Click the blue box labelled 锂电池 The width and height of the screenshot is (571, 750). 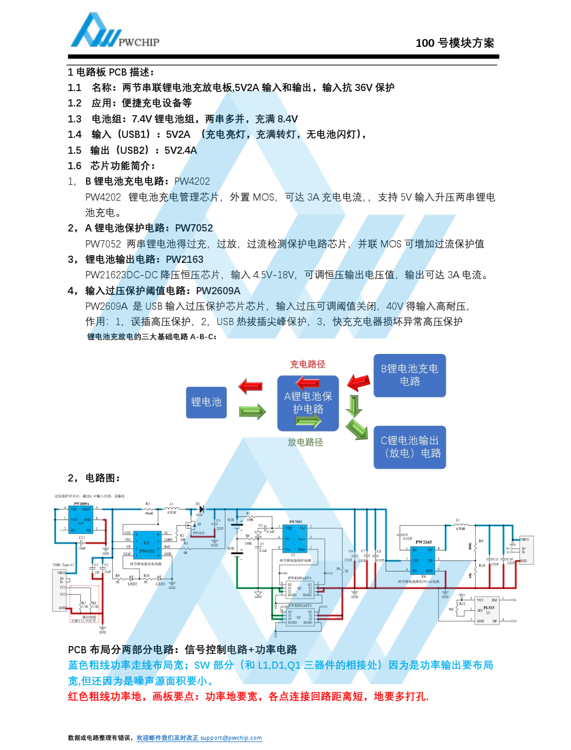(206, 402)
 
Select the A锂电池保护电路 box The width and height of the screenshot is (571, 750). (308, 403)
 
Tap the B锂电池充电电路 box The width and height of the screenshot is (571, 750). (409, 375)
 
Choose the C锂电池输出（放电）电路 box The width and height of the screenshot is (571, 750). (410, 447)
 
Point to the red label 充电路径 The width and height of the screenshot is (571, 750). (307, 364)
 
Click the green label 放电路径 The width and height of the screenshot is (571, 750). (305, 442)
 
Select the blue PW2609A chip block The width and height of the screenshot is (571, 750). (81, 519)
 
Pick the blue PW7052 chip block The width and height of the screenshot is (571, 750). (295, 538)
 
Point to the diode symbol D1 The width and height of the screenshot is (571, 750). (200, 509)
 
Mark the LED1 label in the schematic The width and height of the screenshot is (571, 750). (160, 584)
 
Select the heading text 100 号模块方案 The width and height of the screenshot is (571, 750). (455, 43)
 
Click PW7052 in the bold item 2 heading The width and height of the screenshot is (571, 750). (194, 228)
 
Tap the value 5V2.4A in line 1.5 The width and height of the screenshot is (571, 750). (180, 150)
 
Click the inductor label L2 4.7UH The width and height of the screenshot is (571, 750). (459, 525)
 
